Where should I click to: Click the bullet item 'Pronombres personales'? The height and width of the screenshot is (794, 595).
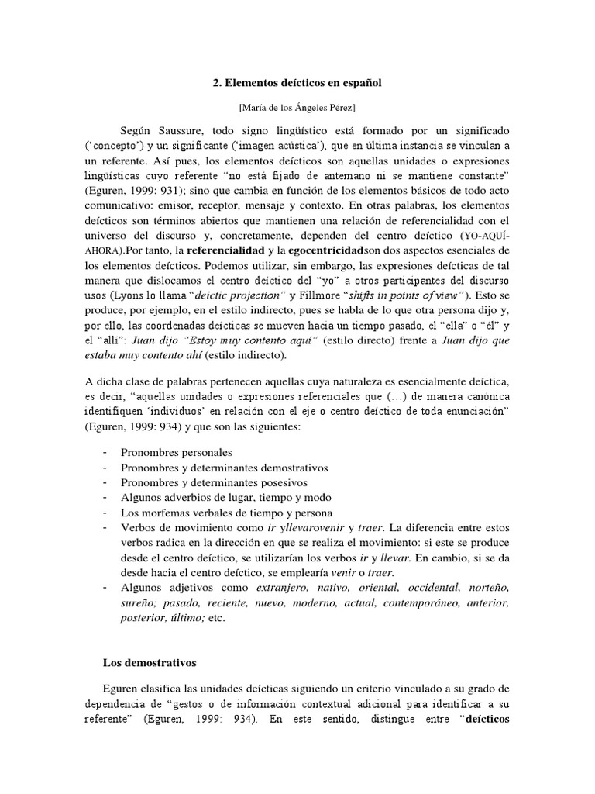pyautogui.click(x=176, y=452)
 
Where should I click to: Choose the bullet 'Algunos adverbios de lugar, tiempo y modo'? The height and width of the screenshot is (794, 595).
pyautogui.click(x=225, y=498)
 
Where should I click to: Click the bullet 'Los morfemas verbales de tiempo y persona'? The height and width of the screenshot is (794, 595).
pyautogui.click(x=226, y=513)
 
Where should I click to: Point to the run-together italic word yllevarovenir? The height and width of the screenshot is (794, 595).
pyautogui.click(x=297, y=528)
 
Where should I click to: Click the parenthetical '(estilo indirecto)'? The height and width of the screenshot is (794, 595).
pyautogui.click(x=239, y=355)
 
